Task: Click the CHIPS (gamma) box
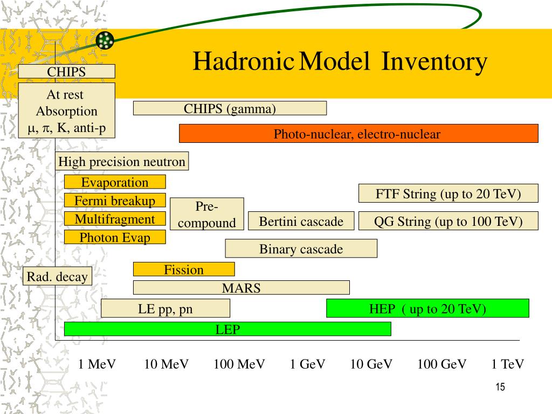click(230, 109)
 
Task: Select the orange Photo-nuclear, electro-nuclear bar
click(358, 134)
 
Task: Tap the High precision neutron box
click(122, 162)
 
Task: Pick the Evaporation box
click(115, 182)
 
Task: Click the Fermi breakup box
click(115, 201)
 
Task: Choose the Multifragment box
click(115, 219)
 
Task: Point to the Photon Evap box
click(115, 238)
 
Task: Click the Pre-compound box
click(207, 215)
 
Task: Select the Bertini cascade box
click(301, 222)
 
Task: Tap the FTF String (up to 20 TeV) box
click(448, 194)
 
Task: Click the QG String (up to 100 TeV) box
click(448, 222)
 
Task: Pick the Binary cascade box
click(301, 249)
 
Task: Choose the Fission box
click(184, 270)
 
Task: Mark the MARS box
click(241, 288)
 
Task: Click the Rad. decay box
click(58, 277)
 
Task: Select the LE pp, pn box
click(165, 309)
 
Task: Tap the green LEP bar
click(227, 329)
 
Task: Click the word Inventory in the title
click(434, 62)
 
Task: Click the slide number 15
click(500, 387)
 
